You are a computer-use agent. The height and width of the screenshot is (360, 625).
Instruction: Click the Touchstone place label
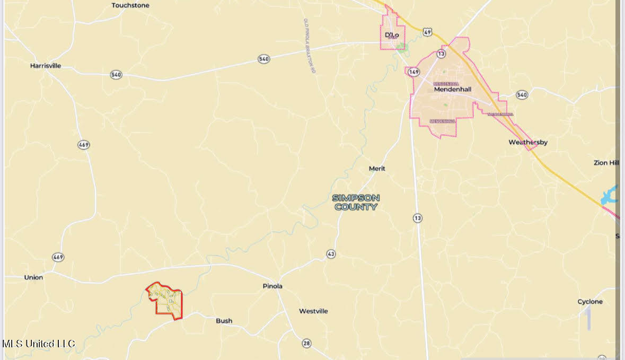click(x=130, y=5)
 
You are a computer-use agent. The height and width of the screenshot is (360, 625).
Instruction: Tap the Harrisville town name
click(x=46, y=66)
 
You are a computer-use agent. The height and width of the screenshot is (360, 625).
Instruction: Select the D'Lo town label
click(x=392, y=35)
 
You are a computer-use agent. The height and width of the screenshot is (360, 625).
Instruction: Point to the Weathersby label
click(x=528, y=142)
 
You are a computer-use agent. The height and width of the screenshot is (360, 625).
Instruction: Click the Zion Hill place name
click(x=606, y=163)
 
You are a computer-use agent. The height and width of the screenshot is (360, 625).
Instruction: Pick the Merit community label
click(x=377, y=169)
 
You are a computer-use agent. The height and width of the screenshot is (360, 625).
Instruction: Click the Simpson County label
click(x=356, y=202)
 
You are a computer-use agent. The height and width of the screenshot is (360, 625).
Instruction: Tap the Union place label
click(x=33, y=277)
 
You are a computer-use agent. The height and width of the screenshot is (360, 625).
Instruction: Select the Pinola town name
click(x=272, y=286)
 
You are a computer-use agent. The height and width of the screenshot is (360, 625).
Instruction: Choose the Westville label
click(x=313, y=311)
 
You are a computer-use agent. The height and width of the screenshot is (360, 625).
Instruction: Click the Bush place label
click(x=224, y=321)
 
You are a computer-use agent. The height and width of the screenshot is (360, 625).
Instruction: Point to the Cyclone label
click(x=590, y=302)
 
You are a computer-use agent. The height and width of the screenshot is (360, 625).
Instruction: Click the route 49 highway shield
click(x=427, y=32)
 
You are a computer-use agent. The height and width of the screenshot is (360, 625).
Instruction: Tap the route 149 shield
click(x=414, y=72)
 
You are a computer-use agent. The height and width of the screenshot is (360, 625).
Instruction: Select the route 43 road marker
click(x=331, y=254)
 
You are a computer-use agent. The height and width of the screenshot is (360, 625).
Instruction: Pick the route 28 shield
click(x=306, y=344)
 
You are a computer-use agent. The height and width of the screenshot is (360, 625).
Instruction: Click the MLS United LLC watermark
click(x=39, y=344)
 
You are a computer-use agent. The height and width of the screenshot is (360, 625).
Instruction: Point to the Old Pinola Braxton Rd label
click(x=310, y=46)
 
